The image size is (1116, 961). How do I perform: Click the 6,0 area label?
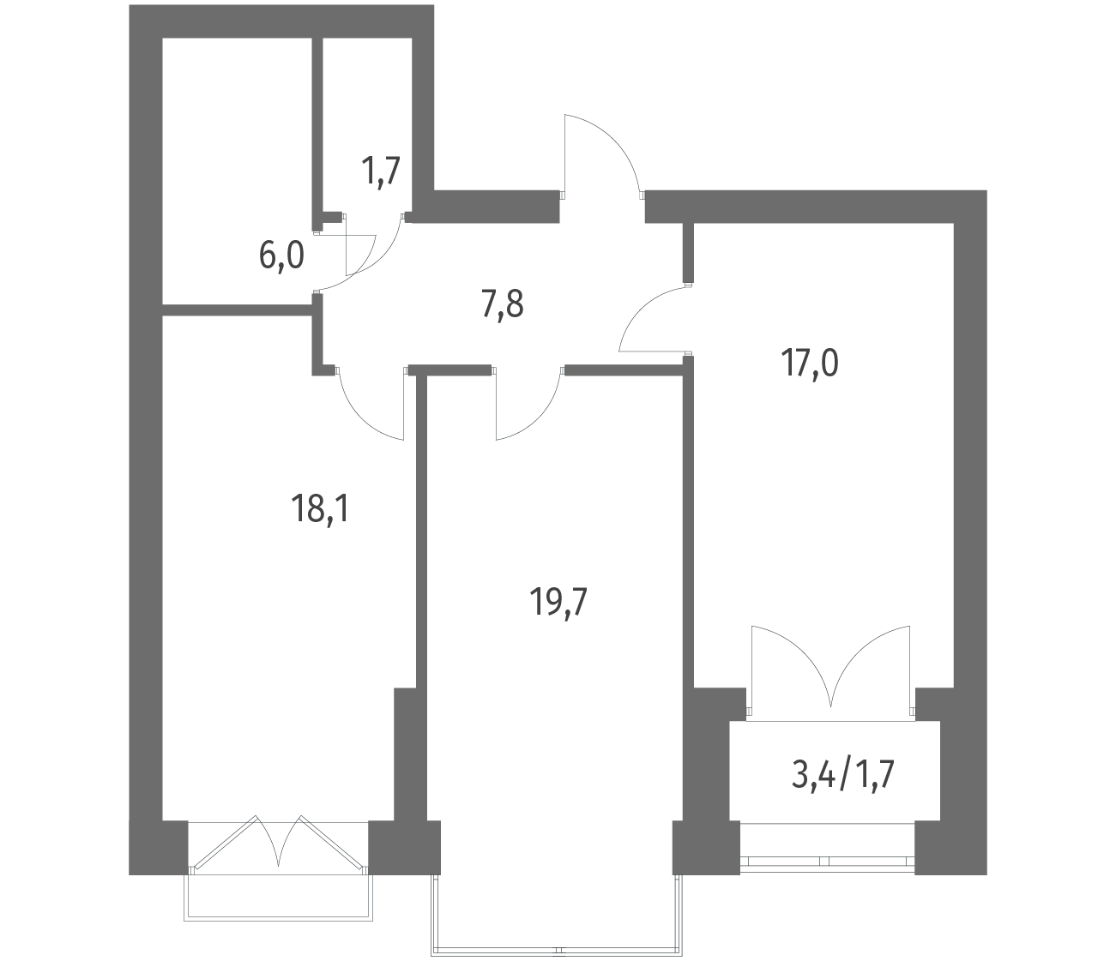pyautogui.click(x=281, y=255)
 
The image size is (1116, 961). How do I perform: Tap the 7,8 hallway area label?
pyautogui.click(x=502, y=305)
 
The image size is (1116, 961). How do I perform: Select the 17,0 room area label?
pyautogui.click(x=809, y=363)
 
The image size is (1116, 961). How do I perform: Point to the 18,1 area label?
pyautogui.click(x=320, y=509)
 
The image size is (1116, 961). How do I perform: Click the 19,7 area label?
pyautogui.click(x=558, y=603)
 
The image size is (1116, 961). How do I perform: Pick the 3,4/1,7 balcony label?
pyautogui.click(x=843, y=775)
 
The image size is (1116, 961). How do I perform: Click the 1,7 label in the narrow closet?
pyautogui.click(x=381, y=172)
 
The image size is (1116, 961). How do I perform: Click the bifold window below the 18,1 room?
pyautogui.click(x=278, y=848)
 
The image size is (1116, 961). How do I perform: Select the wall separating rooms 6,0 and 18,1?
pyautogui.click(x=238, y=309)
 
